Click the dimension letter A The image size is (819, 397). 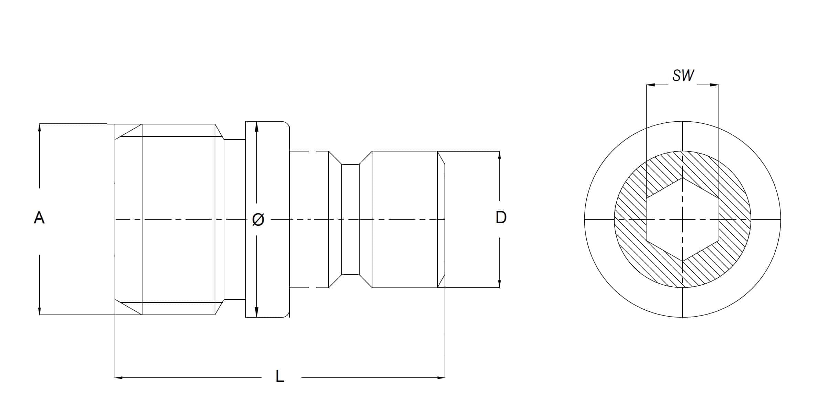[x=39, y=218]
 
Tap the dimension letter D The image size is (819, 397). [x=501, y=217]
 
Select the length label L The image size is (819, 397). [x=280, y=376]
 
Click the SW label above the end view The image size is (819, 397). [x=683, y=76]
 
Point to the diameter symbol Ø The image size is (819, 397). [x=258, y=220]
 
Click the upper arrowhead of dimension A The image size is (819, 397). [x=40, y=128]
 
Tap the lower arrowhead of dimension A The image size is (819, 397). [x=40, y=311]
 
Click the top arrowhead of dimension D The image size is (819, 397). [x=499, y=155]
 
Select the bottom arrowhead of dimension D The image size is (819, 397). [x=499, y=283]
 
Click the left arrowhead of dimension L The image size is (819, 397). [x=119, y=378]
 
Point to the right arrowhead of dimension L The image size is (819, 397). [x=441, y=378]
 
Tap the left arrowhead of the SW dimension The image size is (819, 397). [x=651, y=85]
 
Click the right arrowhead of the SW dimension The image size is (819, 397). [x=714, y=85]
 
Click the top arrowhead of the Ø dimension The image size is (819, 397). [x=256, y=126]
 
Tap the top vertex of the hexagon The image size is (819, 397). [x=682, y=178]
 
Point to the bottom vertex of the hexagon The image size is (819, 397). [x=682, y=261]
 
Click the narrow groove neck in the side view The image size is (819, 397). [x=350, y=219]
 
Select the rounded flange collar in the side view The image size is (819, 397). [x=267, y=219]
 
